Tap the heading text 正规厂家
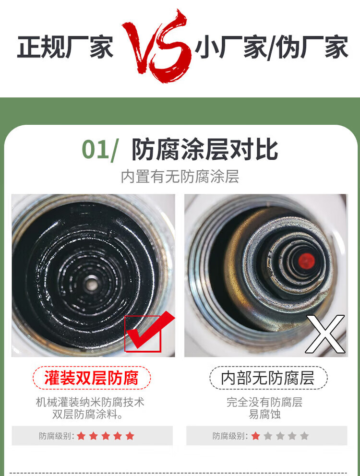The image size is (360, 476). click(65, 47)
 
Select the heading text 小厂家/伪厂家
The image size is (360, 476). click(271, 48)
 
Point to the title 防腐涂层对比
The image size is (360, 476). click(205, 149)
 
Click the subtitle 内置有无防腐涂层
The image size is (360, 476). click(180, 177)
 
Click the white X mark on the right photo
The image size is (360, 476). click(325, 334)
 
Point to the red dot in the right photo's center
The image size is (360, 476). click(306, 261)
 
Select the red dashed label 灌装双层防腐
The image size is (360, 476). click(92, 378)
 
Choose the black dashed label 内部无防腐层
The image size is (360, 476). click(268, 378)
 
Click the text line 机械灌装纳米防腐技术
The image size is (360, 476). click(90, 402)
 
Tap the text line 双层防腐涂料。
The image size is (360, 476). click(87, 415)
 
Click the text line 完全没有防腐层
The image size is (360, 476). click(264, 402)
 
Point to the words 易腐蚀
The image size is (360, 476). click(264, 415)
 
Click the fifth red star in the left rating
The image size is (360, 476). click(130, 436)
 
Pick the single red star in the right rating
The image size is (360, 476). click(256, 436)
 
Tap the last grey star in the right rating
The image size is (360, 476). click(304, 436)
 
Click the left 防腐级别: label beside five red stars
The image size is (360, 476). click(57, 436)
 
